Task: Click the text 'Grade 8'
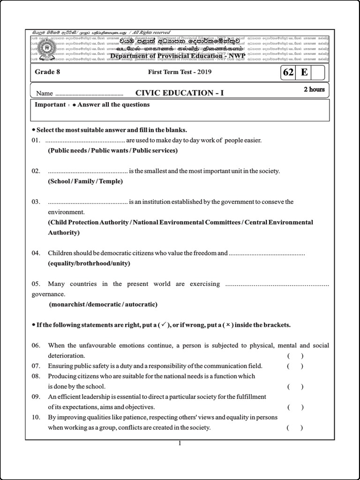[x=48, y=72]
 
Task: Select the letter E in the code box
[x=304, y=73]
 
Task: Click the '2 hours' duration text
[x=314, y=89]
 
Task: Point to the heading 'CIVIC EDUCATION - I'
[x=180, y=93]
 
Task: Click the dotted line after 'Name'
[x=89, y=94]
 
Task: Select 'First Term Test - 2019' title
[x=173, y=72]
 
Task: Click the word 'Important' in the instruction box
[x=50, y=105]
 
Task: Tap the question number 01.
[x=36, y=141]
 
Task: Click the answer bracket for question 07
[x=295, y=366]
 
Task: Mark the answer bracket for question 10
[x=295, y=427]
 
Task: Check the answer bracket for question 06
[x=295, y=356]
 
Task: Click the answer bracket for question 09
[x=295, y=407]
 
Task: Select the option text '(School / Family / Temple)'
[x=85, y=181]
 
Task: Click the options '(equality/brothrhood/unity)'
[x=89, y=263]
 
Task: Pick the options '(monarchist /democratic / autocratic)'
[x=104, y=304]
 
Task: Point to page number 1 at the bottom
[x=180, y=444]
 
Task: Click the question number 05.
[x=36, y=284]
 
